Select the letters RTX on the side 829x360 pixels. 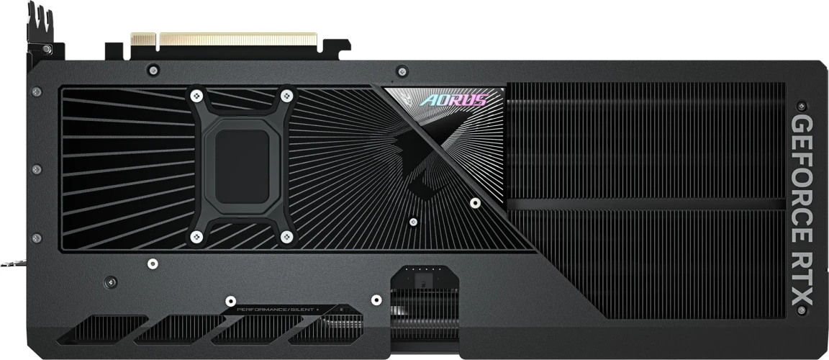click(x=803, y=279)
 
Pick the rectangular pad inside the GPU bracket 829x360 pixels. click(x=239, y=165)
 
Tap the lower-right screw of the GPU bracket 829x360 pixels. click(x=286, y=235)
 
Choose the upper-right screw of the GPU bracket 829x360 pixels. click(x=286, y=95)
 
